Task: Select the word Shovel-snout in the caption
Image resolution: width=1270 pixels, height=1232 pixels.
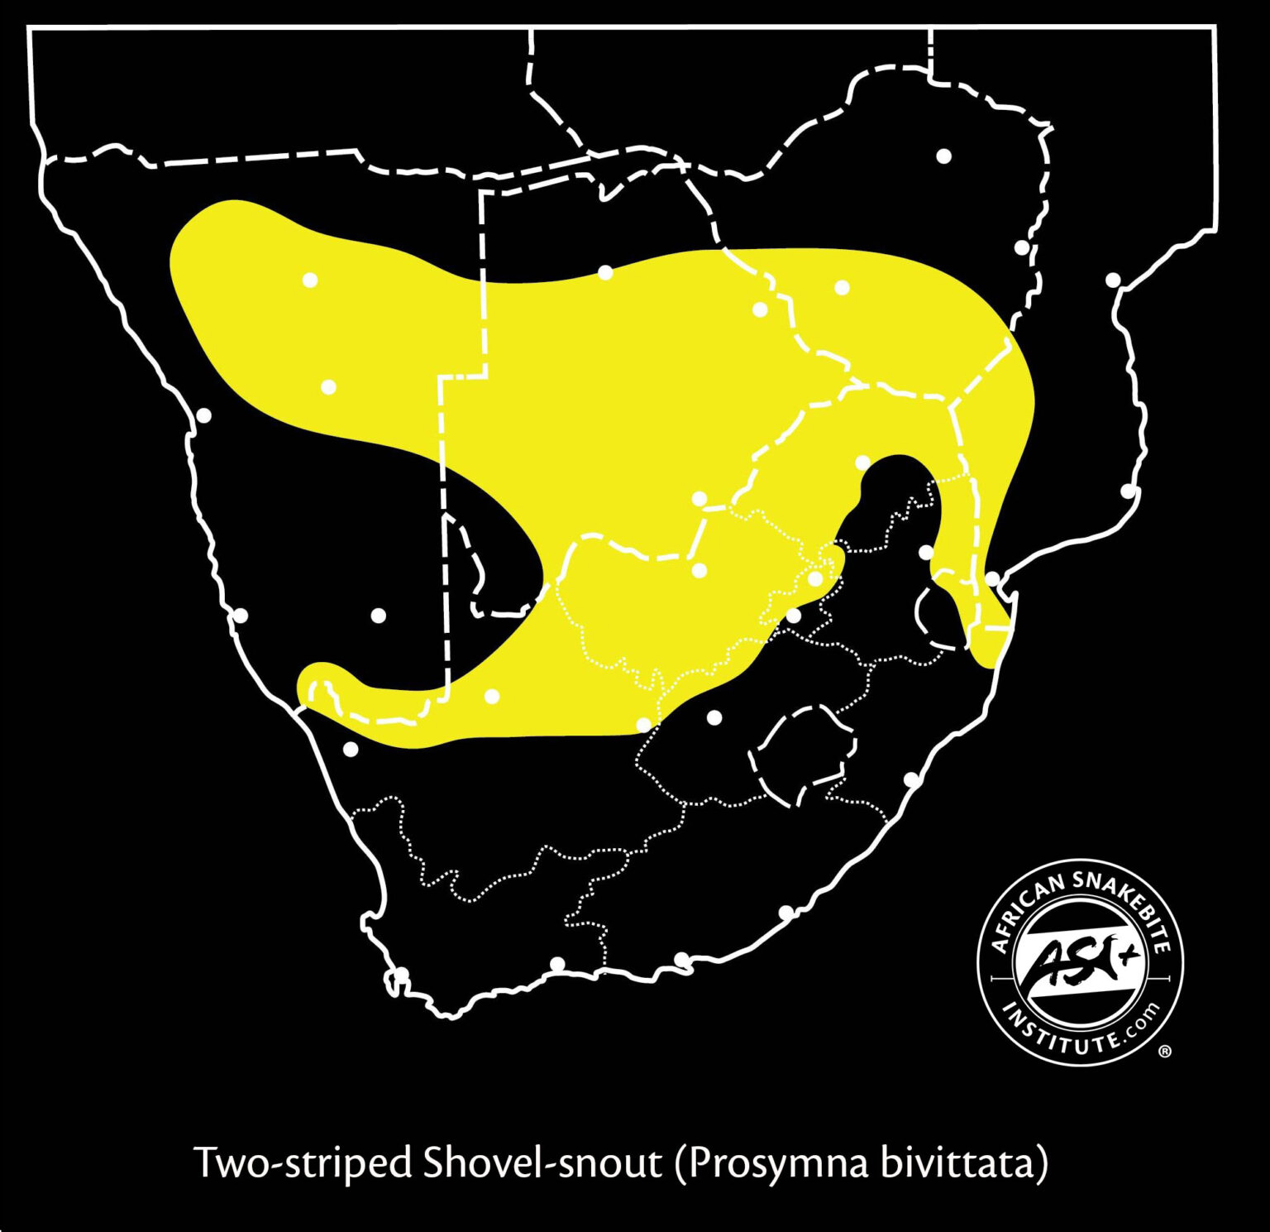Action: point(542,1163)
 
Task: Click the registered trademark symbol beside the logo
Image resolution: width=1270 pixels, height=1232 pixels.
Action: point(1165,1052)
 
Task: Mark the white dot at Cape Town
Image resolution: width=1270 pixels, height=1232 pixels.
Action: point(401,975)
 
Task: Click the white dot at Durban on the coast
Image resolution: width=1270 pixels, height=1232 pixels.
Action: point(911,779)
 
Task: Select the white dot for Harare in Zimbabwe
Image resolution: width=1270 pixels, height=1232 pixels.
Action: point(943,156)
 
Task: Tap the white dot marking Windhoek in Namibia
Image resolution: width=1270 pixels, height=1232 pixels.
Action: point(328,386)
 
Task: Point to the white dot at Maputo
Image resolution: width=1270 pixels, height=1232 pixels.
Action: point(992,578)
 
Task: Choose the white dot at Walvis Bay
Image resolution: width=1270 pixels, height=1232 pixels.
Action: point(203,415)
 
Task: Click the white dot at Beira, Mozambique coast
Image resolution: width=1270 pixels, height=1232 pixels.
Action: point(1114,280)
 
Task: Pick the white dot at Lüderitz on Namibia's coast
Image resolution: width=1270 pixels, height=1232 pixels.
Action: point(241,616)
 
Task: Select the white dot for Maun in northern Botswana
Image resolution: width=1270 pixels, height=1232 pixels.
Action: point(605,272)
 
